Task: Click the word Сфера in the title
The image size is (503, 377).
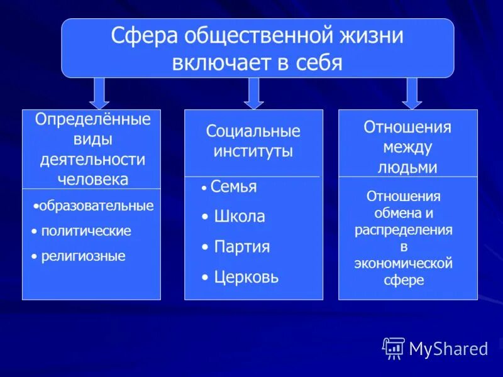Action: point(144,36)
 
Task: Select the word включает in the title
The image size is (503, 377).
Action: point(212,63)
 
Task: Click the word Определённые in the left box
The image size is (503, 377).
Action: point(93,119)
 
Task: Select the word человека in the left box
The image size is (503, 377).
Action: point(93,179)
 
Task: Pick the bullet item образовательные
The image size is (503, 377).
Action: point(96,206)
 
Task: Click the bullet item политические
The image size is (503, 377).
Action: point(86,231)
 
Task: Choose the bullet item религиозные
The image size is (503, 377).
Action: point(83,256)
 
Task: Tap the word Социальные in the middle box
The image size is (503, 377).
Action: point(253,131)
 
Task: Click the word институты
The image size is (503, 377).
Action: point(253,151)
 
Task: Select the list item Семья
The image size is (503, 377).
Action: point(233,187)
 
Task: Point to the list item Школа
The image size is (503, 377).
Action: point(240,217)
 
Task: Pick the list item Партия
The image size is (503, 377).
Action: point(242,247)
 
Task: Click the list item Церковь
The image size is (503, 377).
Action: point(246,277)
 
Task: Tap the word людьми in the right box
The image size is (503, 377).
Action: point(407,167)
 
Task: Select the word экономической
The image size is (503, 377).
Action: point(404,263)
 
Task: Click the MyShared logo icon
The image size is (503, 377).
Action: point(394,348)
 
